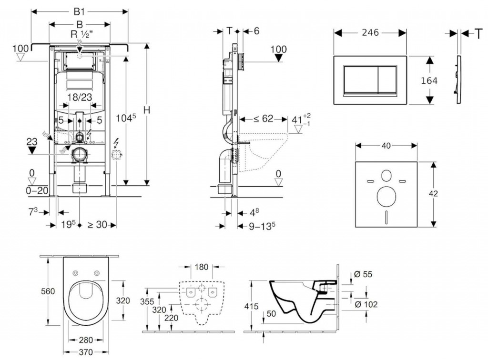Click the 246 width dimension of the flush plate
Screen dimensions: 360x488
[x=370, y=32]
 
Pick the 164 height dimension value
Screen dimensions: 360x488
[x=429, y=80]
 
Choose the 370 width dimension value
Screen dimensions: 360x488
[x=86, y=352]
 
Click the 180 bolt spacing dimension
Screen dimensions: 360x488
[x=202, y=267]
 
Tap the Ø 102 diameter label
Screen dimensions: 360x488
[x=367, y=304]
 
